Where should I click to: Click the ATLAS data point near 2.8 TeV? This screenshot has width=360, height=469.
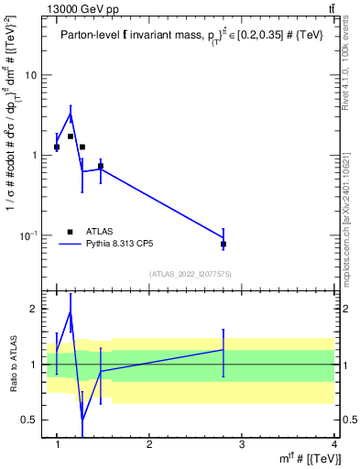pyautogui.click(x=224, y=244)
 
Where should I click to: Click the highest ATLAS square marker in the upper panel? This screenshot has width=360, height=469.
pyautogui.click(x=71, y=136)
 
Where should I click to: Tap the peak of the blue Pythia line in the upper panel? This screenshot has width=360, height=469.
pyautogui.click(x=71, y=115)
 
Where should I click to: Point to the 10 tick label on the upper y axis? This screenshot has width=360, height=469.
pyautogui.click(x=31, y=75)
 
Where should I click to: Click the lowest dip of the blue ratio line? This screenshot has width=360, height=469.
pyautogui.click(x=82, y=420)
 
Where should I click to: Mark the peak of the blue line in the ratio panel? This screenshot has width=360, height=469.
pyautogui.click(x=71, y=311)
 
